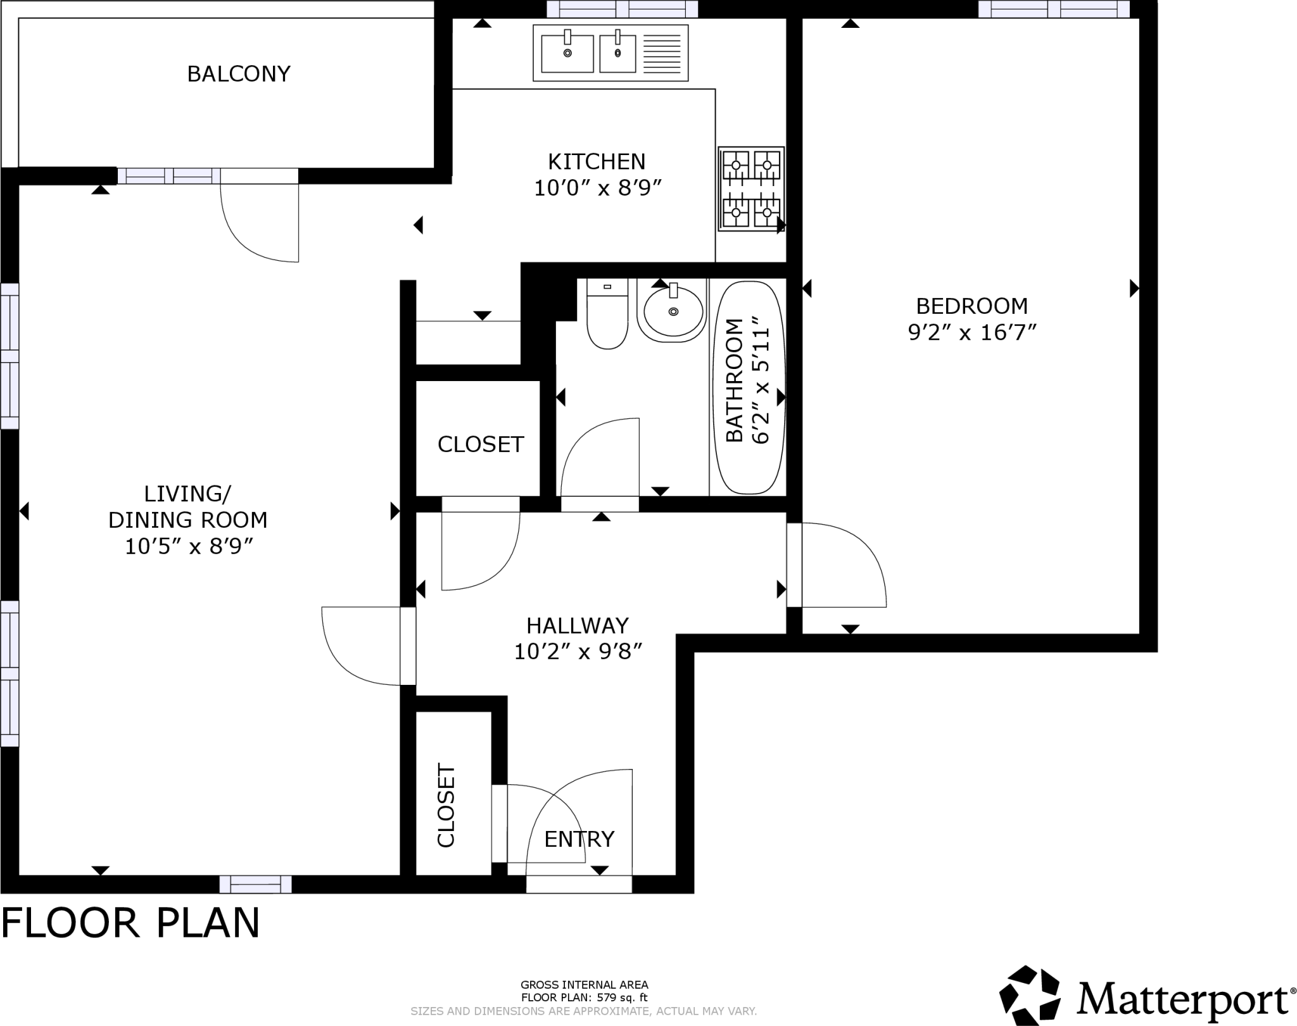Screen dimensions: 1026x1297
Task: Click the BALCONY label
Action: click(239, 74)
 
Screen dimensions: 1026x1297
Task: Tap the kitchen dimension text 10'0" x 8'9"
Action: click(597, 189)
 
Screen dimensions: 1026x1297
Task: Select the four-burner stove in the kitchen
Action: click(751, 189)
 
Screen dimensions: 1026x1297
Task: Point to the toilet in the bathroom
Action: click(607, 315)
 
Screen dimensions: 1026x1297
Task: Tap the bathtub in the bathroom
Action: click(749, 387)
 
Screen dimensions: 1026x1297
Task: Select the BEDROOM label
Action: click(971, 306)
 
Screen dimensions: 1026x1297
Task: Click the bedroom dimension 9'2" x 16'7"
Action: click(971, 332)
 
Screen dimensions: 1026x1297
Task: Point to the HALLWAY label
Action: click(578, 626)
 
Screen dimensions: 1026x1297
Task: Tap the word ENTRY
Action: click(579, 839)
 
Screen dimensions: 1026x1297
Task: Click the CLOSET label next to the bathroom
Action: click(481, 444)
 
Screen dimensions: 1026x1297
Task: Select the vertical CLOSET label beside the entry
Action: click(446, 805)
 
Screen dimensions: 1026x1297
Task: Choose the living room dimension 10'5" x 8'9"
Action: click(189, 546)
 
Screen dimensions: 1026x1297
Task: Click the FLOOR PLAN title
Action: click(130, 923)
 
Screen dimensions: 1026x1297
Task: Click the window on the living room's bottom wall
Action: click(255, 884)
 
